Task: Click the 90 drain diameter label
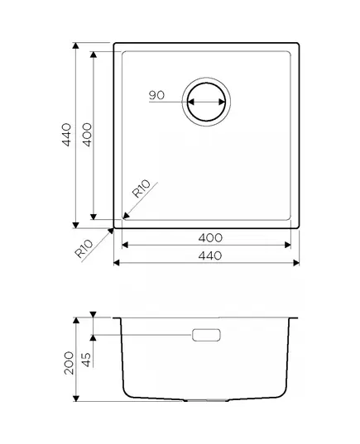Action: coord(156,95)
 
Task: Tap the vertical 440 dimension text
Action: coord(66,135)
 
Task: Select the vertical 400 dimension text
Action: coord(87,135)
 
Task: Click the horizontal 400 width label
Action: coord(210,238)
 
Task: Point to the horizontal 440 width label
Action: coord(210,255)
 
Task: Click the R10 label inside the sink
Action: coord(142,189)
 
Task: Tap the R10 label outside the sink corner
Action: coord(84,249)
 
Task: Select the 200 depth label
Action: coord(69,363)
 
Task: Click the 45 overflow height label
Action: coord(86,360)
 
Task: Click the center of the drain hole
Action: coord(206,102)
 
